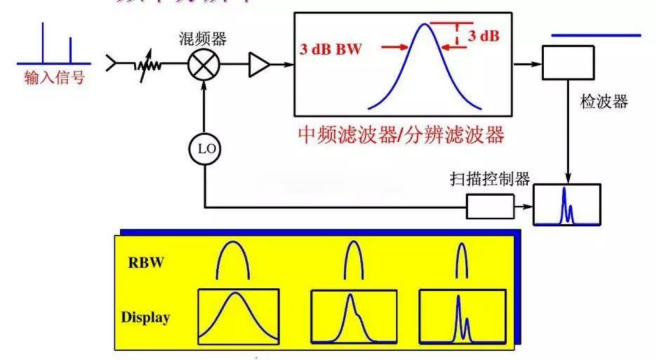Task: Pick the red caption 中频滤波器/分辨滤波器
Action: coord(402,134)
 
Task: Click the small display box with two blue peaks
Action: coord(567,205)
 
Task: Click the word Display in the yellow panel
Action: coord(145,317)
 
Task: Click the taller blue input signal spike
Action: coord(43,42)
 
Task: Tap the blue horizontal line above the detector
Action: coord(596,35)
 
